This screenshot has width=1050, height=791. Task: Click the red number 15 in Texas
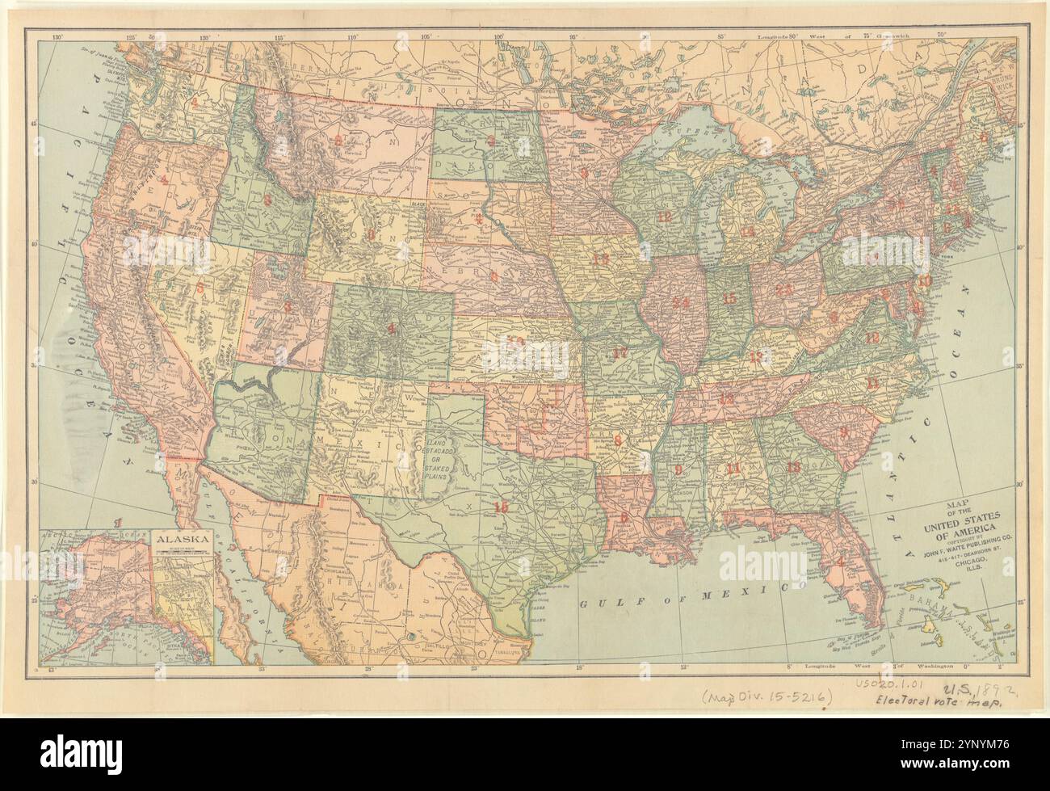pos(502,507)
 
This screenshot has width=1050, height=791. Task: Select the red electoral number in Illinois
pos(681,302)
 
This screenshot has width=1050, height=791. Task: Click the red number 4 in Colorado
pos(392,329)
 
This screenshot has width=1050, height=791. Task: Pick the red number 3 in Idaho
pos(266,200)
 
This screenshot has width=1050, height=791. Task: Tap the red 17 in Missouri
pos(619,352)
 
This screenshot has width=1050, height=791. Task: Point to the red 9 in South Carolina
pos(843,432)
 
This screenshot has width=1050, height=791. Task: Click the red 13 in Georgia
pos(793,467)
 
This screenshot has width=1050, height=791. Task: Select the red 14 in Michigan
pos(747,231)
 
